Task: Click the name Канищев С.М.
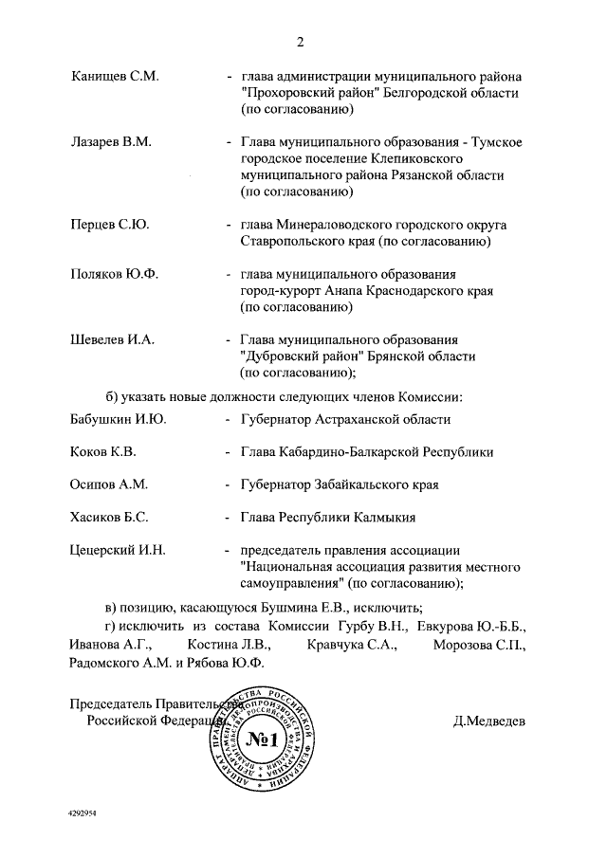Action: [114, 76]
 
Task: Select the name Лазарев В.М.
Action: [112, 142]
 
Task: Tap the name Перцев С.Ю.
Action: [110, 226]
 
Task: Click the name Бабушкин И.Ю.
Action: [119, 419]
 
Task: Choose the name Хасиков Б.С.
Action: [109, 518]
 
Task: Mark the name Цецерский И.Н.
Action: [119, 551]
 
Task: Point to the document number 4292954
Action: [84, 813]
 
